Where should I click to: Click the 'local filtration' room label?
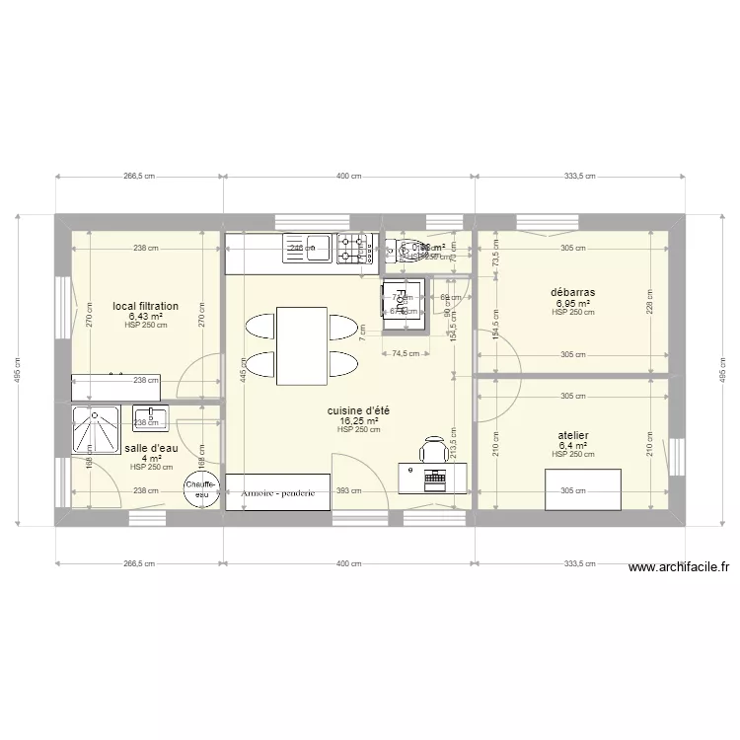coord(145,306)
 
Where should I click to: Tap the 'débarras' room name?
coord(573,292)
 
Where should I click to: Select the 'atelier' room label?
coord(573,434)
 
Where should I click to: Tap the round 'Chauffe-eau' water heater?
coord(202,488)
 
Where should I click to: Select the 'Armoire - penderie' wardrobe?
coord(277,492)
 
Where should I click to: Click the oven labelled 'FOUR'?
coord(405,303)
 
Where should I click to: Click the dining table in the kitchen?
coord(302,345)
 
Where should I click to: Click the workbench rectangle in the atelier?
coord(583,489)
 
